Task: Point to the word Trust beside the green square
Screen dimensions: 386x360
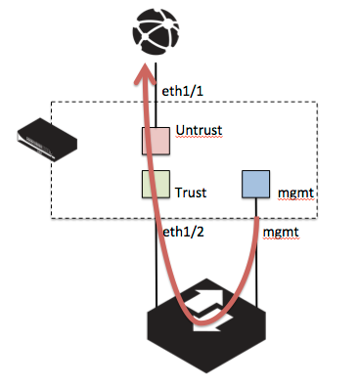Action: point(195,193)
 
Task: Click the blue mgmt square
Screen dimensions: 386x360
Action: point(256,185)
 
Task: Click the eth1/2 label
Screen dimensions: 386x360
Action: point(180,233)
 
